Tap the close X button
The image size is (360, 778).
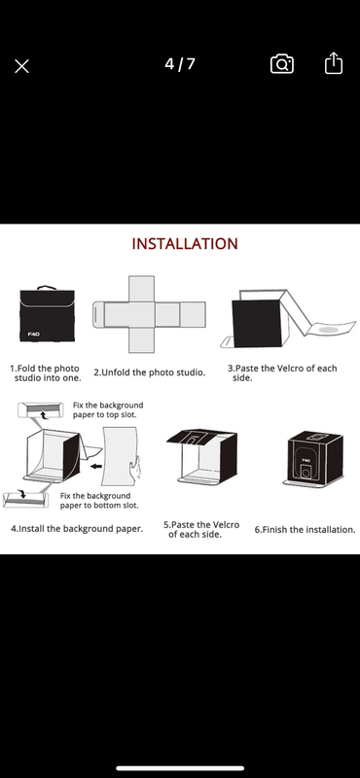click(21, 66)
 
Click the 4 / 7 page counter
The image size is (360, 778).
click(180, 64)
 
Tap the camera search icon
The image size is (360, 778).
click(281, 64)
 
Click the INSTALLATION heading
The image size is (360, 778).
click(185, 244)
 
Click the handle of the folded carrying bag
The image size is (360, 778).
click(47, 288)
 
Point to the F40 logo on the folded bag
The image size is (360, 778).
click(34, 334)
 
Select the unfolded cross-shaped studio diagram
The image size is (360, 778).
click(149, 314)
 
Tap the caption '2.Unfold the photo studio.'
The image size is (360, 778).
click(149, 372)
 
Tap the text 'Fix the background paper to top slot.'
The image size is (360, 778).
click(108, 409)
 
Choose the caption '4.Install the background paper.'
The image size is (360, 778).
click(77, 529)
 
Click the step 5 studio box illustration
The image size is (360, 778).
click(202, 456)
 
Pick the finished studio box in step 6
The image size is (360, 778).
click(314, 459)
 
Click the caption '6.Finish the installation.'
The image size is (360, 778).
click(305, 529)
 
